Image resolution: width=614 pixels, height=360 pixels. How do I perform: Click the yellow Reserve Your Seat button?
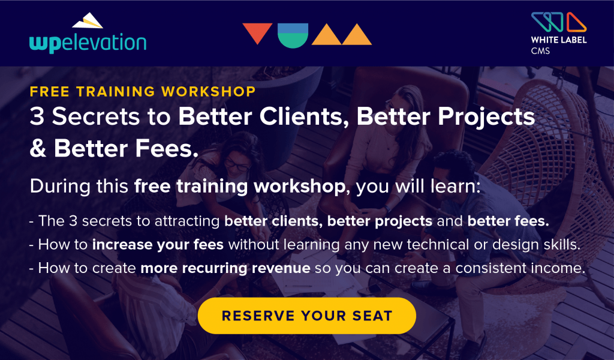[x=306, y=316]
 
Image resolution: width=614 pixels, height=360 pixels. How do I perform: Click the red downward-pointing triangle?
[x=257, y=33]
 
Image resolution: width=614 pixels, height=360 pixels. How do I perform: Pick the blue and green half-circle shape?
[x=293, y=35]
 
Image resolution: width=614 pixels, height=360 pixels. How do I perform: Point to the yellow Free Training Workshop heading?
[x=143, y=91]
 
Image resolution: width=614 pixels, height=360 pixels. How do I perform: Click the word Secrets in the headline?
[x=95, y=117]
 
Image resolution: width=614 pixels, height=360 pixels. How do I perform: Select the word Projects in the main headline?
[x=486, y=118]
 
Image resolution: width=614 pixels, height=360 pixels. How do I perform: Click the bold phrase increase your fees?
[x=158, y=245]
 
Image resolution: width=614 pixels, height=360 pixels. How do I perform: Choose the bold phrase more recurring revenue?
[x=225, y=268]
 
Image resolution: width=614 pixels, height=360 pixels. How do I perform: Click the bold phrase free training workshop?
[x=240, y=187]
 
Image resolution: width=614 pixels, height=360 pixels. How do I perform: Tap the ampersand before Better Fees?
[x=38, y=149]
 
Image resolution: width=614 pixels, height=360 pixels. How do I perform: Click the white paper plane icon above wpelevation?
[x=88, y=20]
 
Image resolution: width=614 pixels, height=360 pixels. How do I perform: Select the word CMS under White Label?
[x=540, y=51]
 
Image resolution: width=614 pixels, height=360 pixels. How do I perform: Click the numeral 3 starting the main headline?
[x=37, y=117]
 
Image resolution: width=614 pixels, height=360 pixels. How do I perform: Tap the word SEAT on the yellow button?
[x=372, y=316]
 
